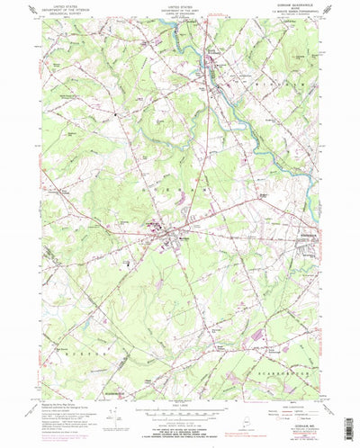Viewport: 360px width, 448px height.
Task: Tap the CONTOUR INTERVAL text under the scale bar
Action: point(179,417)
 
